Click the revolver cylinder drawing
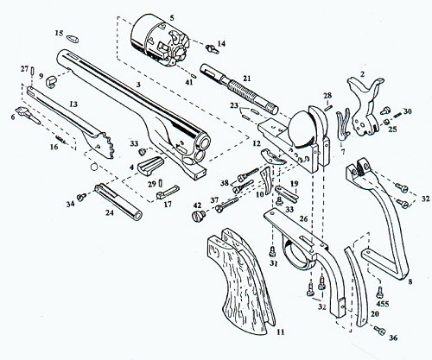click(x=160, y=41)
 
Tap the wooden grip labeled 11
click(x=240, y=279)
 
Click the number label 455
click(x=383, y=304)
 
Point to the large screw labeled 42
click(x=199, y=215)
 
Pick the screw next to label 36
click(x=379, y=331)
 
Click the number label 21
click(x=247, y=79)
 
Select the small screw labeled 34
click(x=82, y=197)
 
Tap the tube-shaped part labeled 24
click(x=118, y=201)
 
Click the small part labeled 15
click(x=73, y=39)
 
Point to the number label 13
click(x=73, y=104)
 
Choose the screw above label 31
click(x=272, y=252)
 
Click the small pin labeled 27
click(x=32, y=71)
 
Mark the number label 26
click(x=303, y=219)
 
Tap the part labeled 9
click(x=51, y=81)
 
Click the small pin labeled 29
click(x=161, y=183)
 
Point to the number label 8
click(x=410, y=281)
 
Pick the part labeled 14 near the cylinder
click(x=213, y=48)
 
